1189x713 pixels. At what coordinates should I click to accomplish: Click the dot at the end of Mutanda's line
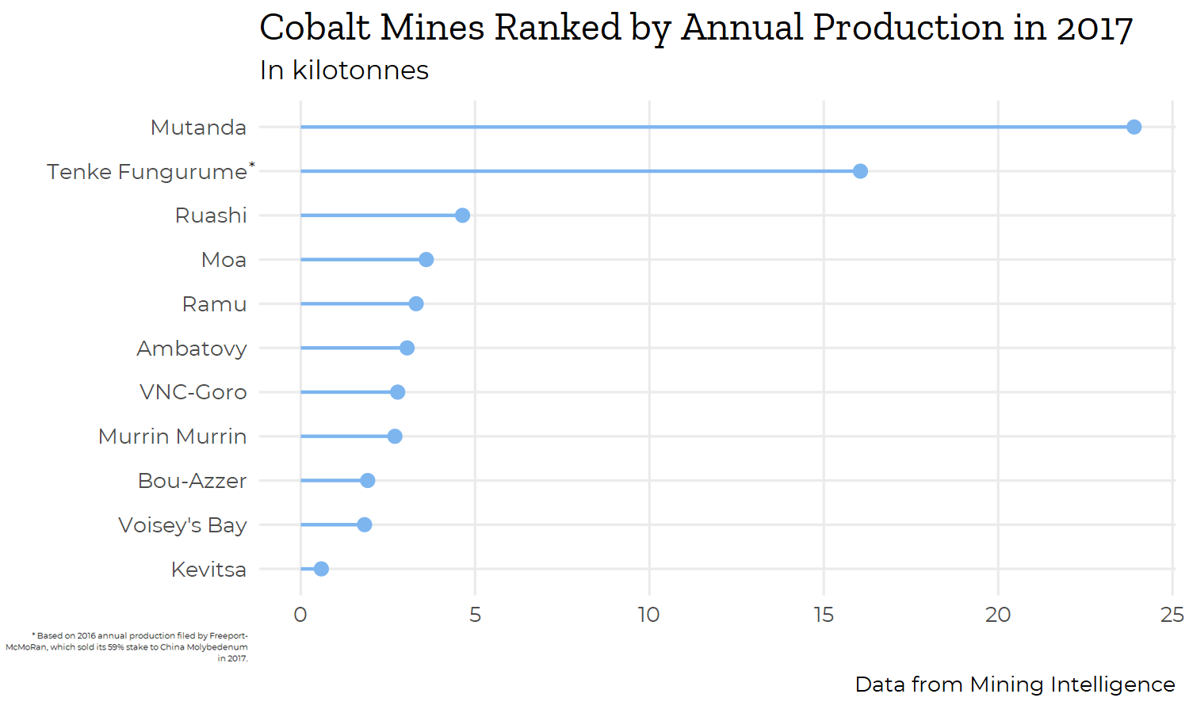point(1134,127)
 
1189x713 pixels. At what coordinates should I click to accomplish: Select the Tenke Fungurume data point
point(860,171)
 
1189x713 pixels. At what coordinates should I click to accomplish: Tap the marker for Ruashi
point(462,215)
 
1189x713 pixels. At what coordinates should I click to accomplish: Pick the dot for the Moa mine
point(426,260)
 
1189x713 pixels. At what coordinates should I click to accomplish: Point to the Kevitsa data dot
point(321,569)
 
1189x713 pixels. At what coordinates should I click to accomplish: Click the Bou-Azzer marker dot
point(367,481)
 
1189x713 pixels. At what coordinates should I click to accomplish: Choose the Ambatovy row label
point(191,349)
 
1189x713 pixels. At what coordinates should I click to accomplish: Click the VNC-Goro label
point(193,392)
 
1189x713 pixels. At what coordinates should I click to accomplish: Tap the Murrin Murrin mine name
point(172,437)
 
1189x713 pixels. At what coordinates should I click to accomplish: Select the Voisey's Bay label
point(182,525)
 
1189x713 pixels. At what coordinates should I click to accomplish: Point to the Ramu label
point(214,304)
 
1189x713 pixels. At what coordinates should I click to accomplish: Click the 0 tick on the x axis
point(300,615)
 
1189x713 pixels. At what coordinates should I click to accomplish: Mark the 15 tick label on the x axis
point(824,615)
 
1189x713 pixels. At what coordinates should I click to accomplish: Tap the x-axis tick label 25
point(1172,615)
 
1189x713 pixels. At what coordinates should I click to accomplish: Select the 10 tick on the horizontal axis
point(649,615)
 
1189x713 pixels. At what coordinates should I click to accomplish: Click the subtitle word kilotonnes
point(361,71)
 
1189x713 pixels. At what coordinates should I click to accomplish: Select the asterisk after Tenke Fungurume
point(252,165)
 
